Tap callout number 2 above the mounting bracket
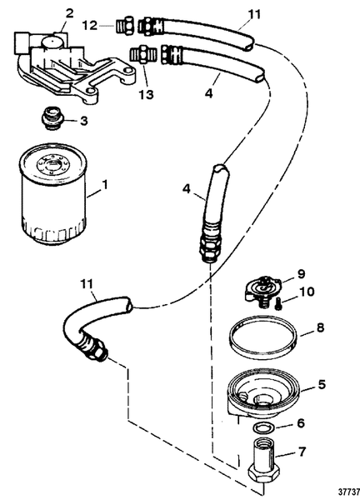69,12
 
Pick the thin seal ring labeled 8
263,342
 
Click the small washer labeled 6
265,427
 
